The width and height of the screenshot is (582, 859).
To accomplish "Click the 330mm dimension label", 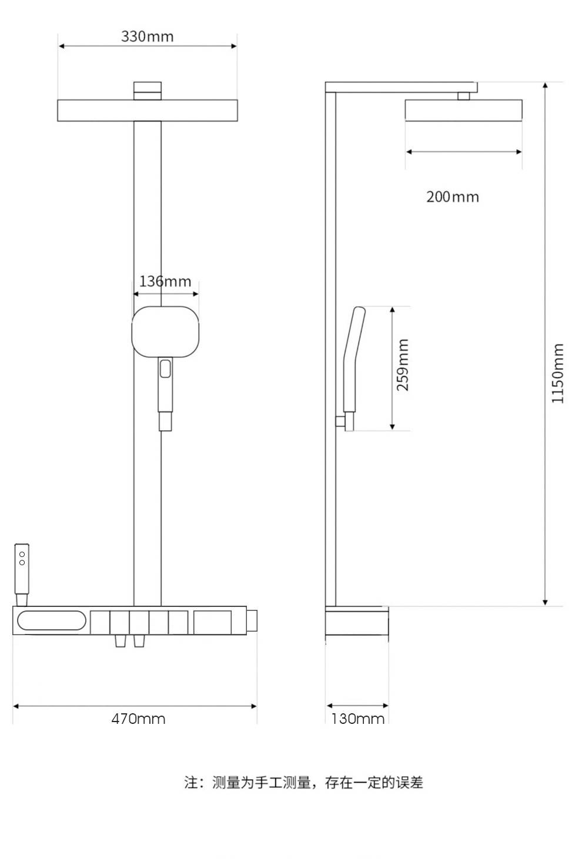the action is point(148,36).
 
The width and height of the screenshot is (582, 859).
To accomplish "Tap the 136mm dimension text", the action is point(165,281).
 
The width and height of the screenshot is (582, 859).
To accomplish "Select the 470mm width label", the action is point(138,718).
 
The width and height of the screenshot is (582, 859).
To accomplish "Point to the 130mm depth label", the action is point(357,718).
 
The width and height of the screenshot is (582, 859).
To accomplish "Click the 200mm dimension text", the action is point(453,197).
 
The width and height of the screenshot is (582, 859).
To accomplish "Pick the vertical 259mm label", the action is point(403,365).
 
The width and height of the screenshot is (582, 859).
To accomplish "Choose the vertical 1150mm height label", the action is point(557,374).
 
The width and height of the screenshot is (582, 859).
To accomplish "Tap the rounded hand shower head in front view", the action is point(165,332).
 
